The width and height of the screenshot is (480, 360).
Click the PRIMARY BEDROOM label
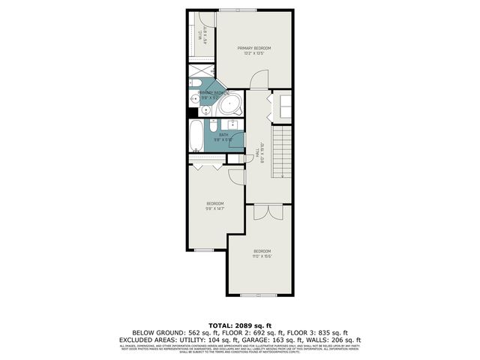[x=253, y=49]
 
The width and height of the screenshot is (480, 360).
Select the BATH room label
[x=223, y=135]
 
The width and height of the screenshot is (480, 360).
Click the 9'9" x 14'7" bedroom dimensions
[x=215, y=208]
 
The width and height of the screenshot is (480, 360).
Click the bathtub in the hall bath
[x=196, y=136]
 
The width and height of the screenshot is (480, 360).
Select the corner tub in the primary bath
[x=230, y=104]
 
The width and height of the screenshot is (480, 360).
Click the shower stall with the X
[x=201, y=73]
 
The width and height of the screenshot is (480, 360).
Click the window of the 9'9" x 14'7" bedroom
[x=204, y=250]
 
